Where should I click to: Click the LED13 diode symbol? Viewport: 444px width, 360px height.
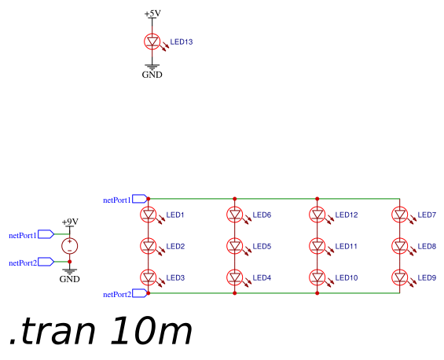tap(152, 42)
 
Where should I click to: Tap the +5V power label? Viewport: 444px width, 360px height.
tap(152, 13)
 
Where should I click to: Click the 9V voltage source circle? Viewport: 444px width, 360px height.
tap(70, 246)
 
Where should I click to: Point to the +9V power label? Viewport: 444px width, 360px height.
tap(70, 222)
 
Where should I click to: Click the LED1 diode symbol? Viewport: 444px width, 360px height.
tap(148, 215)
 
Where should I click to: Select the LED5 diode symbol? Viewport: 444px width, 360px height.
tap(234, 246)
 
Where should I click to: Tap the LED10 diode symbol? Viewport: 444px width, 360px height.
tap(317, 277)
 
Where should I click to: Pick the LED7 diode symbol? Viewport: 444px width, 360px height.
tap(399, 215)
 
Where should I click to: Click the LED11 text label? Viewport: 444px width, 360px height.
tap(346, 247)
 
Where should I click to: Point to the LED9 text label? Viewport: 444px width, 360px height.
tap(427, 277)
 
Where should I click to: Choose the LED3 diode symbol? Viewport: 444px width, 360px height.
tap(148, 277)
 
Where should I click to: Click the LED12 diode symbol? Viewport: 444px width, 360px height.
tap(317, 215)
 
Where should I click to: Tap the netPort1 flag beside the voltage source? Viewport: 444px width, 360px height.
tap(46, 234)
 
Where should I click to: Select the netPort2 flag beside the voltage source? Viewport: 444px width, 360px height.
tap(46, 262)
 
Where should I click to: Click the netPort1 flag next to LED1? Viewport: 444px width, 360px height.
tap(140, 199)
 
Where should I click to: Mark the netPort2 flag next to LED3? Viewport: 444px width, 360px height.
tap(140, 293)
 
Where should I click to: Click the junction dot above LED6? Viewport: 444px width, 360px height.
tap(234, 199)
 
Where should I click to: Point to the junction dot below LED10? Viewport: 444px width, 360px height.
tap(317, 293)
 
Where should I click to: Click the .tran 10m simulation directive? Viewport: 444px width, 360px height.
tap(101, 331)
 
